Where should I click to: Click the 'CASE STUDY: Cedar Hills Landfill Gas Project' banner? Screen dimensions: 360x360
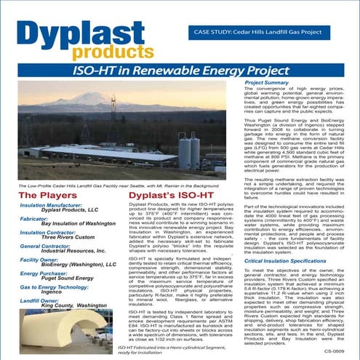[x=261, y=33]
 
